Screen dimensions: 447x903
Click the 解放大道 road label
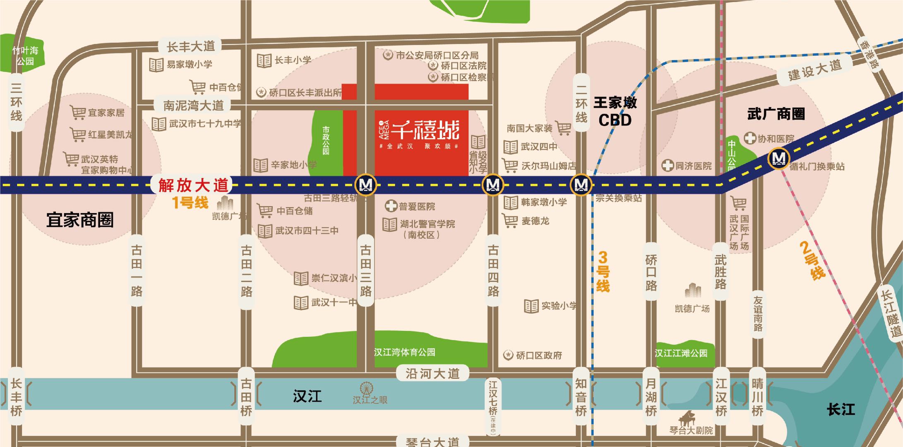[x=193, y=185]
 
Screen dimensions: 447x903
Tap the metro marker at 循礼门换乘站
[x=778, y=159]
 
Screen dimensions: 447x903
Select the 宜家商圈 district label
[x=80, y=220]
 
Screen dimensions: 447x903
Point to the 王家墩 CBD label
[x=615, y=111]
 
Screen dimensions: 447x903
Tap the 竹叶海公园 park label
[x=25, y=56]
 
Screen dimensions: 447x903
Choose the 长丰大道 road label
[x=191, y=46]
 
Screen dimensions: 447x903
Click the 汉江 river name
[x=307, y=396]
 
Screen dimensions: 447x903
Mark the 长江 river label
[x=841, y=410]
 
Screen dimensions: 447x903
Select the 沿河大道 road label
[x=432, y=373]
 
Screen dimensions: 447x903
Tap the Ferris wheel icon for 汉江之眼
[x=366, y=389]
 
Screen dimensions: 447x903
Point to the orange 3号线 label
[x=603, y=272]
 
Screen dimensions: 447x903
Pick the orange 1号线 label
[x=190, y=203]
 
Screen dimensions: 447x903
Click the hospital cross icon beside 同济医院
[x=667, y=166]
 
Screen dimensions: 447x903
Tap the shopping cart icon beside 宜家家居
[x=78, y=112]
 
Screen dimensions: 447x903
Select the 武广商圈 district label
[x=776, y=114]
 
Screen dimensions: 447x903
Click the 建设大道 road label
[x=814, y=70]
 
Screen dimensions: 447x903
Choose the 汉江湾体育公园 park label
[x=404, y=352]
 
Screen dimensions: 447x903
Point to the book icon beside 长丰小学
[x=264, y=60]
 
